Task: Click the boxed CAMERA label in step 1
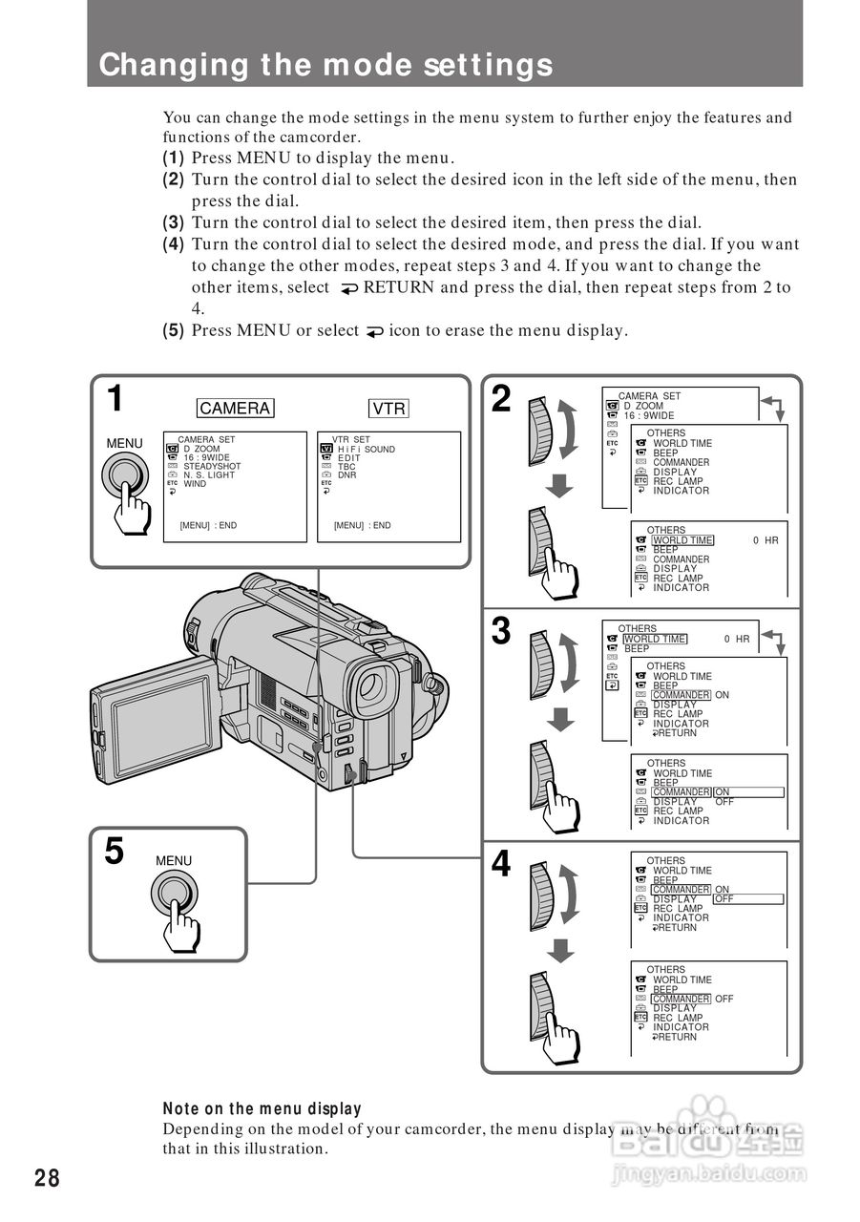pyautogui.click(x=235, y=408)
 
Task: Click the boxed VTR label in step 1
pyautogui.click(x=388, y=408)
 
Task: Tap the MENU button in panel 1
pyautogui.click(x=125, y=474)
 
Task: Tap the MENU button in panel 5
pyautogui.click(x=175, y=893)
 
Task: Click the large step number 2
pyautogui.click(x=501, y=399)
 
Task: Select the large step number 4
pyautogui.click(x=501, y=864)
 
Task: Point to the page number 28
pyautogui.click(x=47, y=1178)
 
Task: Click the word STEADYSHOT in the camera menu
pyautogui.click(x=212, y=467)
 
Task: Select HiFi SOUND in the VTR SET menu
pyautogui.click(x=367, y=450)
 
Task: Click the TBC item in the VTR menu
pyautogui.click(x=346, y=467)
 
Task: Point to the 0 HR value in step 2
pyautogui.click(x=766, y=540)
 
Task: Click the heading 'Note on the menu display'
pyautogui.click(x=262, y=1109)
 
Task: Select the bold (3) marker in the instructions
pyautogui.click(x=174, y=222)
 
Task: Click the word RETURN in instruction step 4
pyautogui.click(x=399, y=287)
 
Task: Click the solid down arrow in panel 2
pyautogui.click(x=559, y=486)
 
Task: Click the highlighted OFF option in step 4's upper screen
pyautogui.click(x=724, y=898)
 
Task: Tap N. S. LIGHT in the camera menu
pyautogui.click(x=209, y=475)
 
